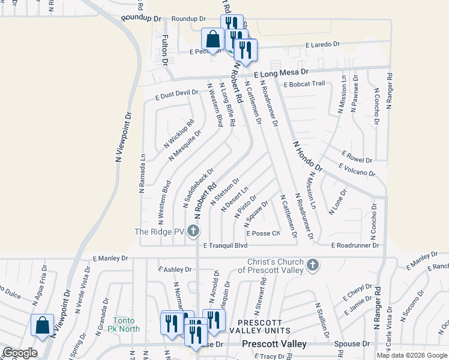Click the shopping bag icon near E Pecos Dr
[x=212, y=40]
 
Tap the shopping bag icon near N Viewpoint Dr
[x=43, y=326]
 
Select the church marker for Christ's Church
[x=312, y=265]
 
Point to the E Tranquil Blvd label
[x=225, y=245]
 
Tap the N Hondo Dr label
[x=308, y=156]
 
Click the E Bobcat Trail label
[x=304, y=84]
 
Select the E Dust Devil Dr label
[x=176, y=93]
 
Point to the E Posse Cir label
[x=263, y=233]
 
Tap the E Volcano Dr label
[x=357, y=170]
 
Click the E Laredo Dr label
[x=322, y=44]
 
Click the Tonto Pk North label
[x=126, y=325]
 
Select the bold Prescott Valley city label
[x=274, y=344]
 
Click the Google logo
[x=20, y=353]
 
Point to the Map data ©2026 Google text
[x=411, y=355]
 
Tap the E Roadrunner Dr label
[x=355, y=245]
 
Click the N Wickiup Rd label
[x=179, y=135]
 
